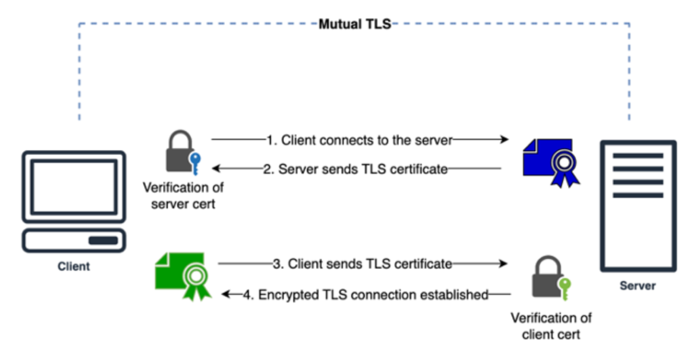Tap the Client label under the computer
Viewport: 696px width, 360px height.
(74, 266)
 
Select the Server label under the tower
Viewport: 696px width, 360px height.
(637, 285)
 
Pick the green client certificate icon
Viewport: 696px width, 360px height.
(183, 275)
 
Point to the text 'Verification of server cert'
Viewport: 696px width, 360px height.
(183, 196)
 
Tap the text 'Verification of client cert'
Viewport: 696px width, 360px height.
(551, 325)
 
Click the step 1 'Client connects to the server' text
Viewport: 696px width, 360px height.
(360, 140)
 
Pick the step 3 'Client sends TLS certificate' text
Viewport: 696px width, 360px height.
(362, 264)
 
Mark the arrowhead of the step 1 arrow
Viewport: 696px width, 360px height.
(504, 140)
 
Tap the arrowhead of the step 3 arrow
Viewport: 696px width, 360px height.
(504, 264)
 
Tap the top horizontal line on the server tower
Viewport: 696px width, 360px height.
(638, 156)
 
